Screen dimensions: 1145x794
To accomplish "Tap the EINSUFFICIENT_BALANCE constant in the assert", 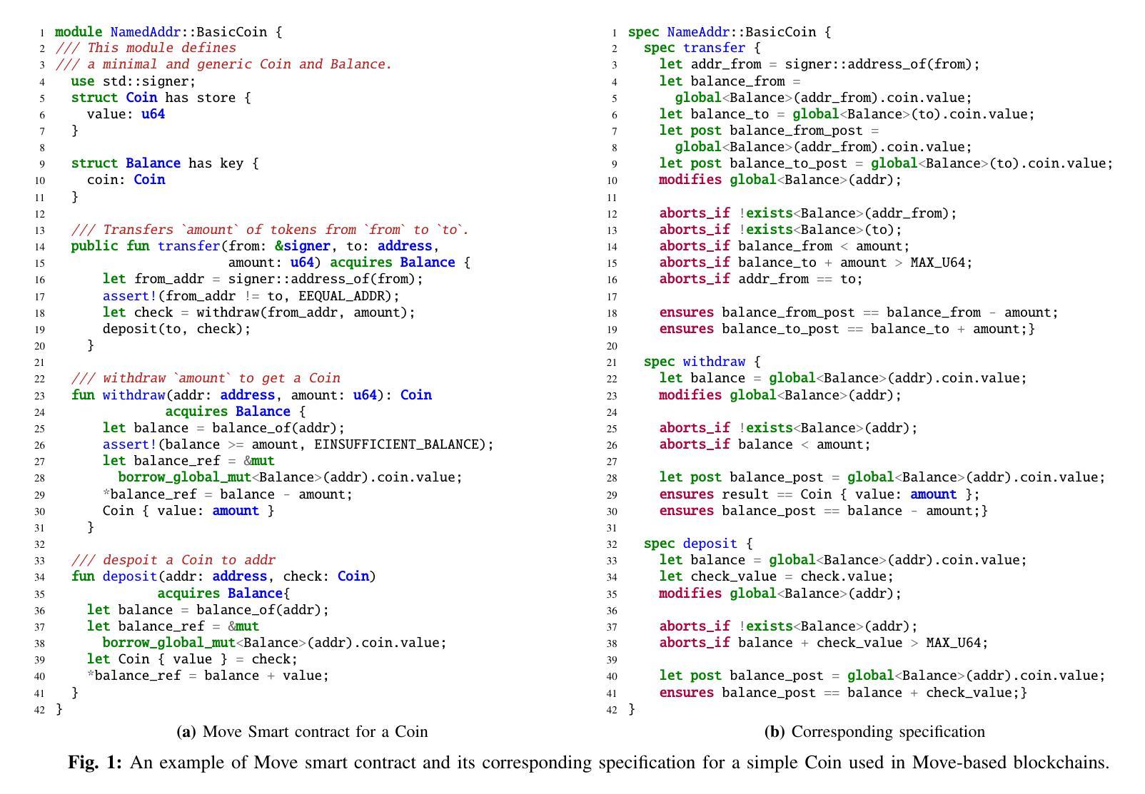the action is [x=400, y=444].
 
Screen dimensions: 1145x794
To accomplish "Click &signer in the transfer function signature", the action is [x=302, y=246].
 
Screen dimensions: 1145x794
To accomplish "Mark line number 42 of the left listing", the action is [x=39, y=710].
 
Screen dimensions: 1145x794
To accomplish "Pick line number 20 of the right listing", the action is [x=612, y=346].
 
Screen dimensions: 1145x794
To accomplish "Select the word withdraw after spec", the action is [x=714, y=362].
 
